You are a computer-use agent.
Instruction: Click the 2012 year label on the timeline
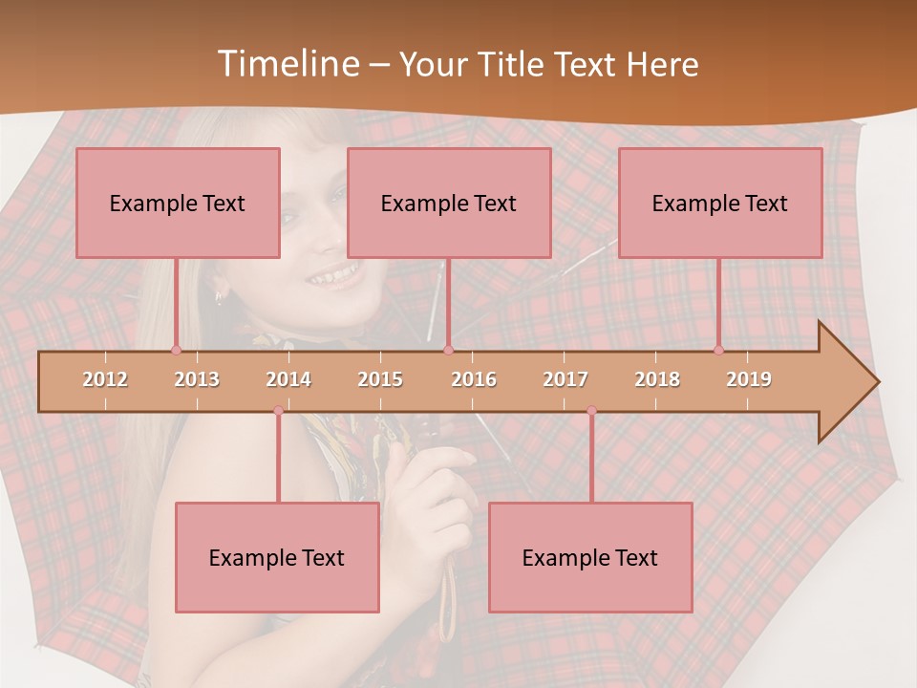pos(105,379)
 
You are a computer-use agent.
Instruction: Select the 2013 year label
pos(197,379)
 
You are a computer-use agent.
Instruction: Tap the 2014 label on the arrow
pos(288,379)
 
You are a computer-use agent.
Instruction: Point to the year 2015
pos(380,379)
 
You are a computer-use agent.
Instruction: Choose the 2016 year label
pos(474,379)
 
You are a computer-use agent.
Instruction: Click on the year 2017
pos(565,379)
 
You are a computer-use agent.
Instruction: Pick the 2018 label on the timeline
pos(657,379)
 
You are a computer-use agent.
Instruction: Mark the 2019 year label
pos(749,379)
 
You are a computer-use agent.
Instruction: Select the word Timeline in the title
pos(286,64)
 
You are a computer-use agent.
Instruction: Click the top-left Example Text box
pos(178,203)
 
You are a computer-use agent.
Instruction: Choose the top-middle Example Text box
pos(449,203)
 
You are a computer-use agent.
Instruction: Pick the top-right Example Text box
pos(720,203)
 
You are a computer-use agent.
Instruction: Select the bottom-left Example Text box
pos(277,558)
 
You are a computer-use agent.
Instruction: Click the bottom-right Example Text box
pos(590,558)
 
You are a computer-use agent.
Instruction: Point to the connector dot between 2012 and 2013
pos(176,350)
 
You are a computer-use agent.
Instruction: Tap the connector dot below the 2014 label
pos(278,411)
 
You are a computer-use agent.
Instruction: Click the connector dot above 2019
pos(718,350)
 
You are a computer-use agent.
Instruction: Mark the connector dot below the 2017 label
pos(591,411)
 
